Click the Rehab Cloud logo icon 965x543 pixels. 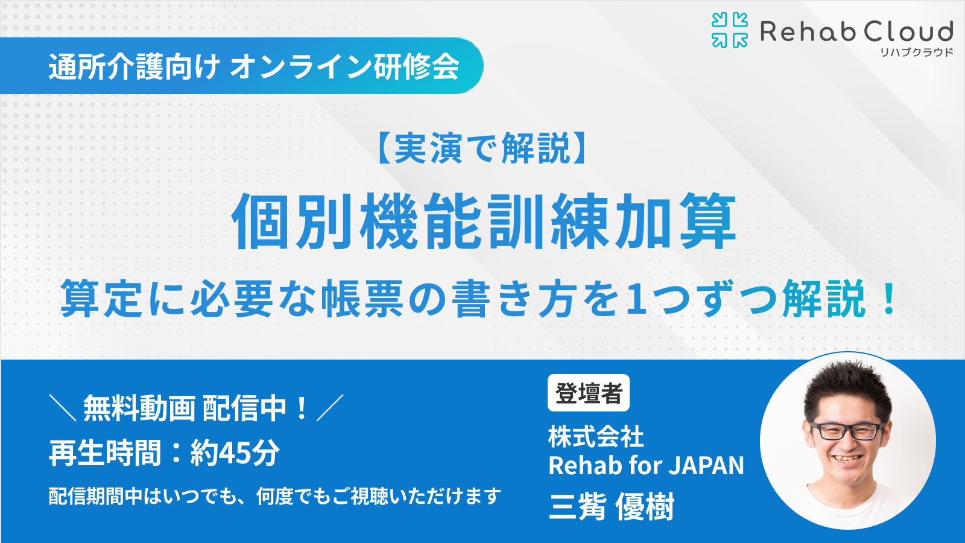tap(730, 30)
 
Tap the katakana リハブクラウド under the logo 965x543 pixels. tap(916, 52)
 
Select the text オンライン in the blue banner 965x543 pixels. tap(301, 66)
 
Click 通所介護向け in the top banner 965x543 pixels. tap(134, 66)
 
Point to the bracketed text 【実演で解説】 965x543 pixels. tap(482, 148)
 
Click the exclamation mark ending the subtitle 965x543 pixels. tap(888, 298)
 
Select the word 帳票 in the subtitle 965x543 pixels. tap(362, 298)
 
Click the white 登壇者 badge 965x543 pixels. tap(589, 393)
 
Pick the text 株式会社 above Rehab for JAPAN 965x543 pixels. tap(596, 436)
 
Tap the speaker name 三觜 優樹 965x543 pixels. tap(612, 506)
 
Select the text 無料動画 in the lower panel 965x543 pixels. tap(139, 408)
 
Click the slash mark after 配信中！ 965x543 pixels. tap(330, 408)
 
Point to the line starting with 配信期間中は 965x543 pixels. tap(275, 497)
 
